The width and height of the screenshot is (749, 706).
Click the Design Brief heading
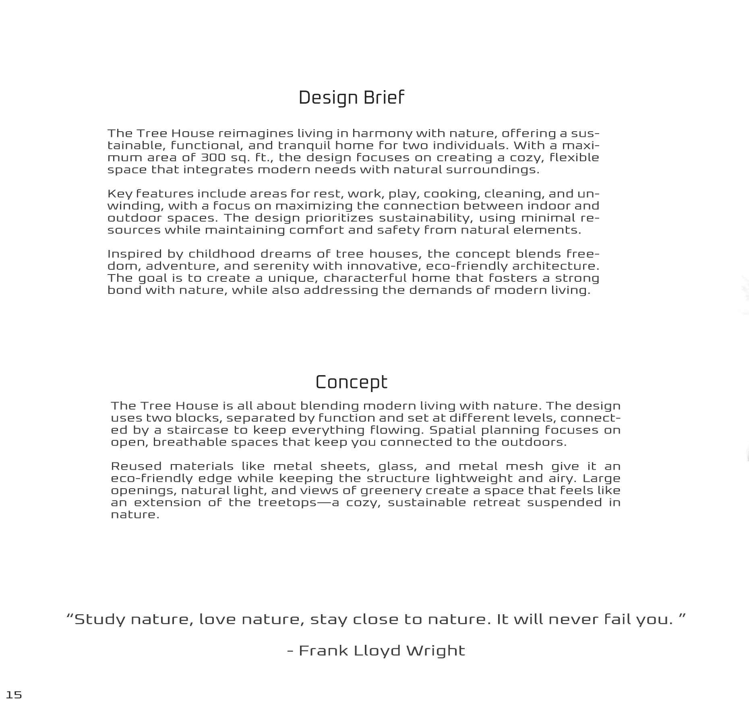[x=351, y=98]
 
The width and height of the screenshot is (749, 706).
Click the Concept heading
[x=351, y=382]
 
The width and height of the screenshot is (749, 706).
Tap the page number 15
[x=14, y=695]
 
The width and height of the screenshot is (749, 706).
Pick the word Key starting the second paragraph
[x=117, y=194]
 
